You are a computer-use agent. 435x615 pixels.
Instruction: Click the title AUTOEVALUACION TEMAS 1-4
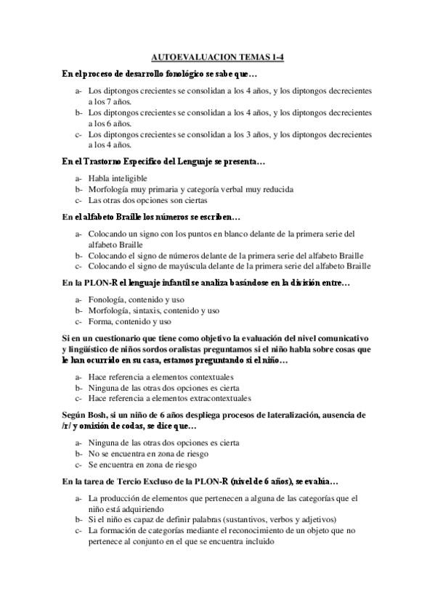click(x=217, y=57)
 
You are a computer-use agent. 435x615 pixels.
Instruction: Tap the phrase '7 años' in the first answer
click(x=110, y=102)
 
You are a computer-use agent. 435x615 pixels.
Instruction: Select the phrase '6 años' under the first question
click(x=110, y=123)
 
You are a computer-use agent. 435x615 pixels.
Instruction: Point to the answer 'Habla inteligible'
click(x=118, y=178)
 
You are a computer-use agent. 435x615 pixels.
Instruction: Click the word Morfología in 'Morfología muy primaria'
click(x=110, y=189)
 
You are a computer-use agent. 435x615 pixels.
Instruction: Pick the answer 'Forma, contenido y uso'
click(x=129, y=321)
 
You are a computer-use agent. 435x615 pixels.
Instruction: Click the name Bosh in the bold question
click(x=97, y=415)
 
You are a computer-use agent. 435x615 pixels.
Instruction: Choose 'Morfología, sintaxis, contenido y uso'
click(x=153, y=310)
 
